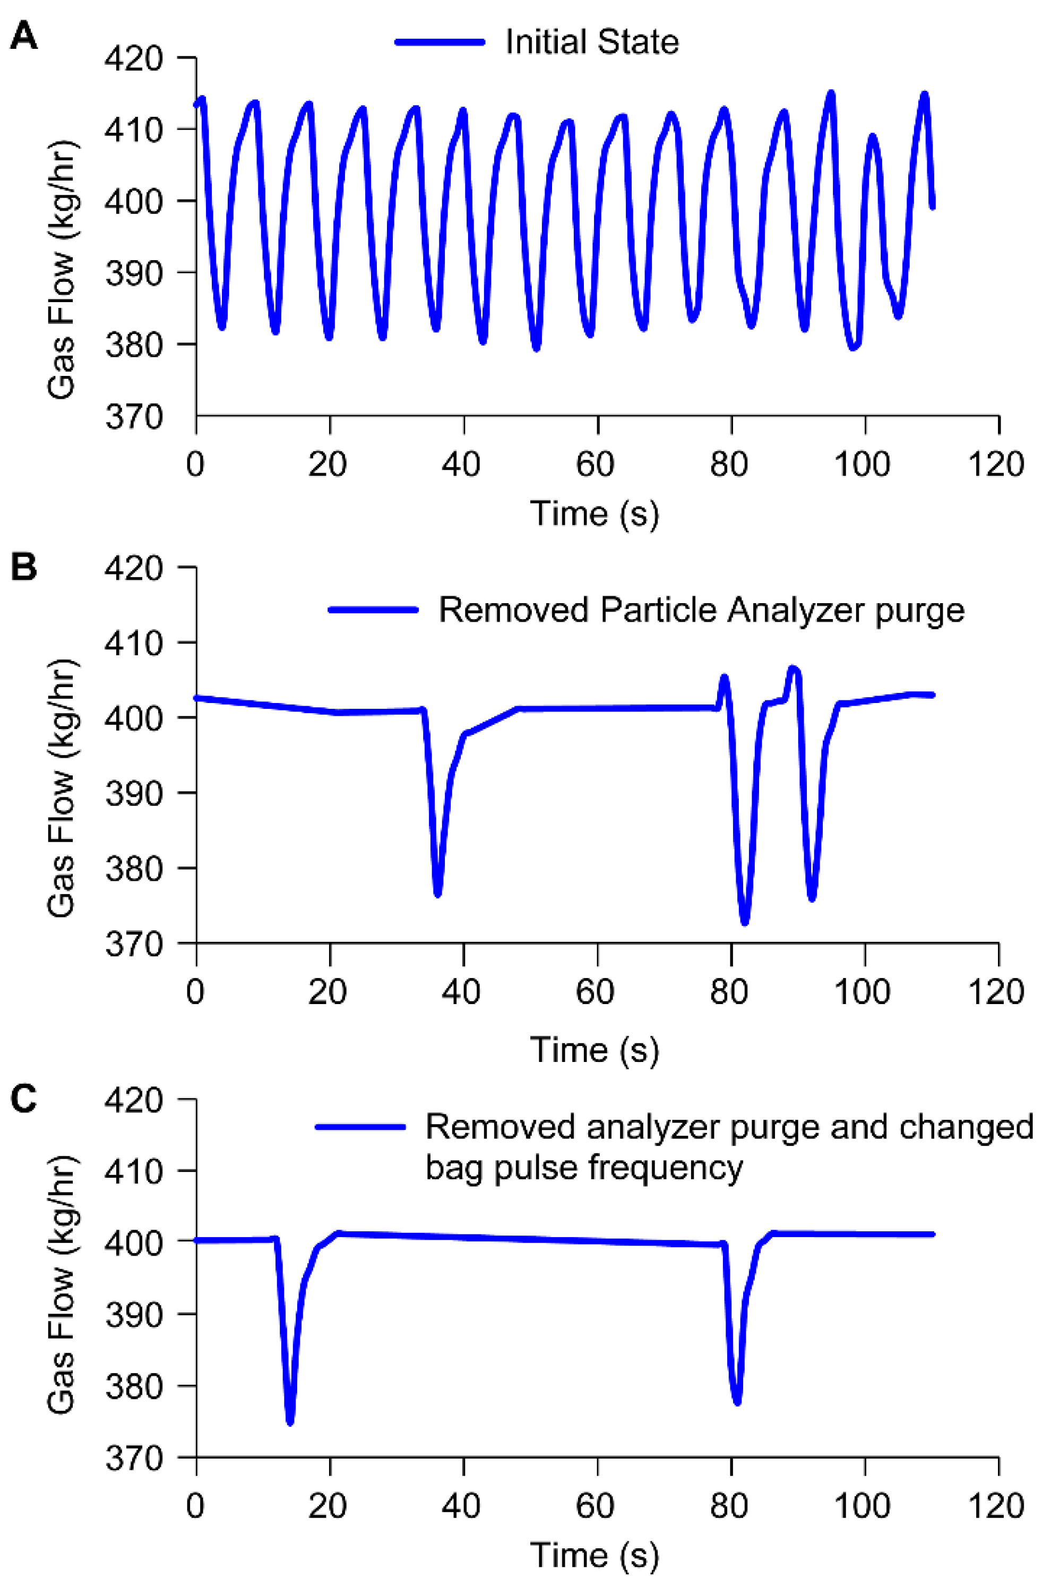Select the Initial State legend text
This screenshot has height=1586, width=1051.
591,42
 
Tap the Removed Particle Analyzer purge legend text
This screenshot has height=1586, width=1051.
701,611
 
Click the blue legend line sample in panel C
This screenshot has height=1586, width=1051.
360,1127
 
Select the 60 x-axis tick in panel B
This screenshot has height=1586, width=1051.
595,992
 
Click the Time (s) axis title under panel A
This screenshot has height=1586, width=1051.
595,514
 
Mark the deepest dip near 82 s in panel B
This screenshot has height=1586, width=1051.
745,922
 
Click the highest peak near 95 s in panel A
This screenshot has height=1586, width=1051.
831,94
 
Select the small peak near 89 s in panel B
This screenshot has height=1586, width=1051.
794,668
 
